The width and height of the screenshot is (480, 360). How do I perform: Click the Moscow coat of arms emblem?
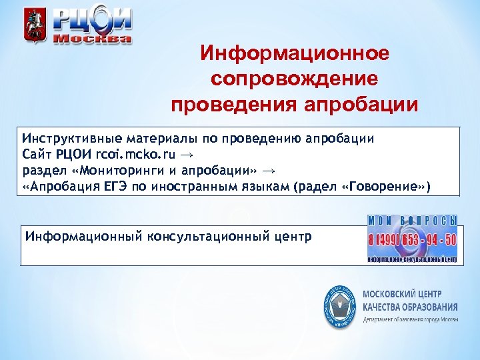[32, 26]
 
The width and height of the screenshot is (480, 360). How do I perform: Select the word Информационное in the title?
[295, 53]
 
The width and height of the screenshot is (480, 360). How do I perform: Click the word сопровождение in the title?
[295, 79]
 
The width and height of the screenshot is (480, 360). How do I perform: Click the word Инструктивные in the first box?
[71, 139]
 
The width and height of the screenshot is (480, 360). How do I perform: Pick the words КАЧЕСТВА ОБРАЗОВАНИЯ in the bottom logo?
[410, 307]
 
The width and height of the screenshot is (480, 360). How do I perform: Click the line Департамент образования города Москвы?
[410, 319]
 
